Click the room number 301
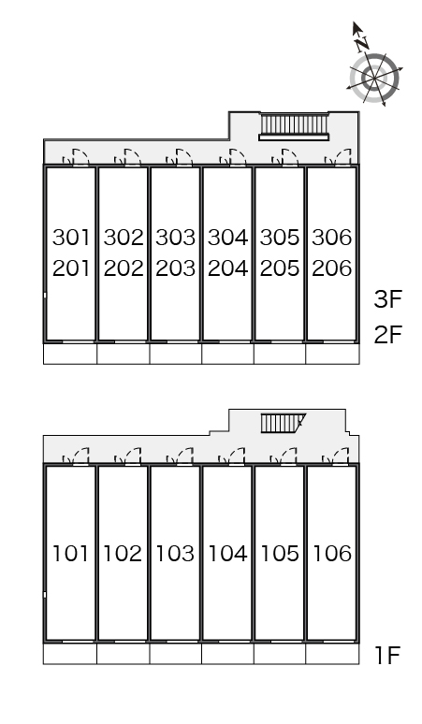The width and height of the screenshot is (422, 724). click(70, 238)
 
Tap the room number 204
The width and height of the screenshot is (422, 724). click(227, 268)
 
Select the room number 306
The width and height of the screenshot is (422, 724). click(332, 238)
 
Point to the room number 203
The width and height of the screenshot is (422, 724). click(176, 268)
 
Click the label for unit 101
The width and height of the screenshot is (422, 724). click(70, 553)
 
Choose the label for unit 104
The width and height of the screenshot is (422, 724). click(227, 553)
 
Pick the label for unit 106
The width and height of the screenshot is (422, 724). click(332, 553)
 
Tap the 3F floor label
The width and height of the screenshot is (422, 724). click(388, 299)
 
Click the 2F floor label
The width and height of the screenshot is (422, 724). click(388, 334)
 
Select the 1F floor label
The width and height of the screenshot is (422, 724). click(386, 655)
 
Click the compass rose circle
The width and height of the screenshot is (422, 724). click(374, 78)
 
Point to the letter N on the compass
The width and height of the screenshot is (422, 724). click(362, 44)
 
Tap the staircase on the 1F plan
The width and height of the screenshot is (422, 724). click(283, 423)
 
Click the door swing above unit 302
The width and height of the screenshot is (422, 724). click(128, 156)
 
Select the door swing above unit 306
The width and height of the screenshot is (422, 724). click(338, 156)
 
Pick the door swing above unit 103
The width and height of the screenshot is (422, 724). click(180, 456)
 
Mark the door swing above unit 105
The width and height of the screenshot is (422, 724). click(284, 456)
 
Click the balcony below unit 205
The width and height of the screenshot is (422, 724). click(280, 354)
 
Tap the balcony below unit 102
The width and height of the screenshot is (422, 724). click(123, 654)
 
